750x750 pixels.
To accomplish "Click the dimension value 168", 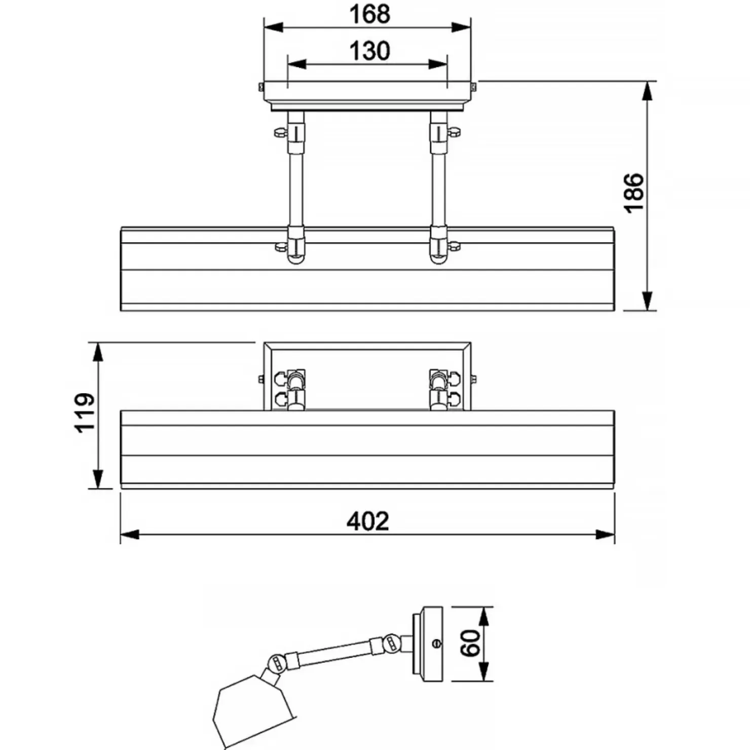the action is (369, 14).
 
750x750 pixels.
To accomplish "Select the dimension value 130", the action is (369, 51).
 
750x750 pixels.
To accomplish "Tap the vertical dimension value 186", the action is (633, 193).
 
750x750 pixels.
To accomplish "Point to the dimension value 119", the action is (85, 412).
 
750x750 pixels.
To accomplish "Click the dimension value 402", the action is (368, 521).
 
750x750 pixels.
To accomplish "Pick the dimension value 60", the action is (471, 643).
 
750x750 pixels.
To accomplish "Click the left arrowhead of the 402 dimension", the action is (130, 535).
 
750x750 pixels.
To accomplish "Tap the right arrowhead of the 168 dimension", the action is (461, 27).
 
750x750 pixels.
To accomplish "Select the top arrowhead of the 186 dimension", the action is (647, 91).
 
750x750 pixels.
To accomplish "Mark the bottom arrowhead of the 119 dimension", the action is (98, 479).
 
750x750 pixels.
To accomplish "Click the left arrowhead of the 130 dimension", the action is (297, 64).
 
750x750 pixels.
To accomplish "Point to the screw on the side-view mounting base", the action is (437, 644).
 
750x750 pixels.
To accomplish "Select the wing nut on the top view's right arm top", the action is (454, 132).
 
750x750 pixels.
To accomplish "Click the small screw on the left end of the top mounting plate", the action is (261, 87).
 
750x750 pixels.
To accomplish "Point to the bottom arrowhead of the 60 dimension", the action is (485, 671).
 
